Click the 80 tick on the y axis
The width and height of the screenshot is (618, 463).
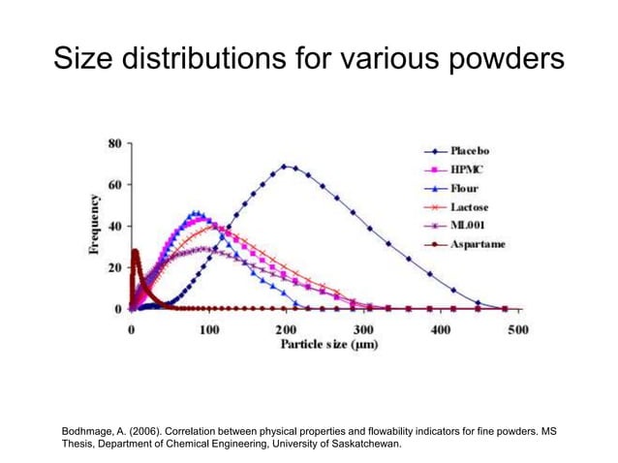(113, 143)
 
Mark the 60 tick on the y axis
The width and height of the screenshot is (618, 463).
(113, 185)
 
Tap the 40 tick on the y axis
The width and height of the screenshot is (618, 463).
(113, 227)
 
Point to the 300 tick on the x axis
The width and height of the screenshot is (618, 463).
(363, 329)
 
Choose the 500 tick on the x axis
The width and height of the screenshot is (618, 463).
(517, 329)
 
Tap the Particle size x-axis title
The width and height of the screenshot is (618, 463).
(328, 345)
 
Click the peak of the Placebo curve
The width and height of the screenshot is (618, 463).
(287, 167)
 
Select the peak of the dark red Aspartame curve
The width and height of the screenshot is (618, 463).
(136, 252)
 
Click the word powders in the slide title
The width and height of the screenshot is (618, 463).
(496, 60)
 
